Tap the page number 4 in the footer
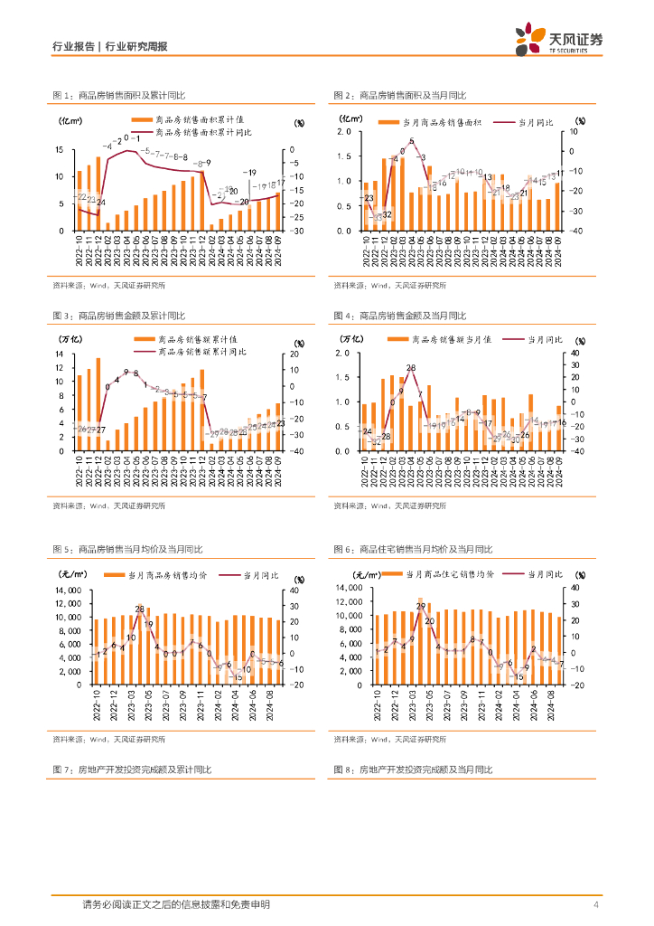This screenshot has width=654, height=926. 596,905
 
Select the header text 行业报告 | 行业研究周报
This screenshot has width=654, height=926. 111,47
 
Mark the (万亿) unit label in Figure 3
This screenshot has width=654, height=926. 73,339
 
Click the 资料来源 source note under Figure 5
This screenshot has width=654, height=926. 108,739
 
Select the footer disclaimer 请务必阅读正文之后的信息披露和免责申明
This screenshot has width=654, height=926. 175,905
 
